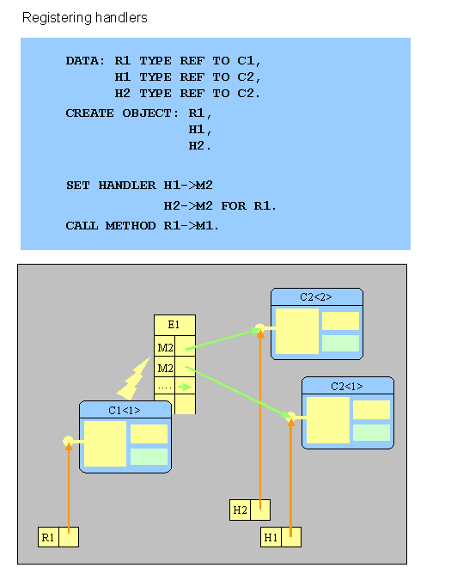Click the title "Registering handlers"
tap(84, 17)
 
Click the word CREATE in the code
tap(89, 113)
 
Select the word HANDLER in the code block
tap(127, 186)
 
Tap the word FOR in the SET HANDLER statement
tap(234, 205)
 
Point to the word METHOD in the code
tap(131, 225)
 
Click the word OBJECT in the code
tap(149, 113)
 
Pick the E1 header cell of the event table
tap(174, 325)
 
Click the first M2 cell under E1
tap(165, 347)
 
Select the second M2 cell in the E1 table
tap(165, 368)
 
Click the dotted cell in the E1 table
tap(165, 386)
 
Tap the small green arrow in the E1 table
tap(185, 387)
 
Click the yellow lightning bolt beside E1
tap(133, 380)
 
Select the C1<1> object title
tap(125, 411)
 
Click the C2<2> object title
tap(316, 297)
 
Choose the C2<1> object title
tap(347, 386)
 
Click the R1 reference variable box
tap(58, 537)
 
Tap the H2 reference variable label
tap(241, 510)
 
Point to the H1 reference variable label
tap(271, 537)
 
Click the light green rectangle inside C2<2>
tap(340, 344)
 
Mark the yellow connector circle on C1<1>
tap(68, 441)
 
